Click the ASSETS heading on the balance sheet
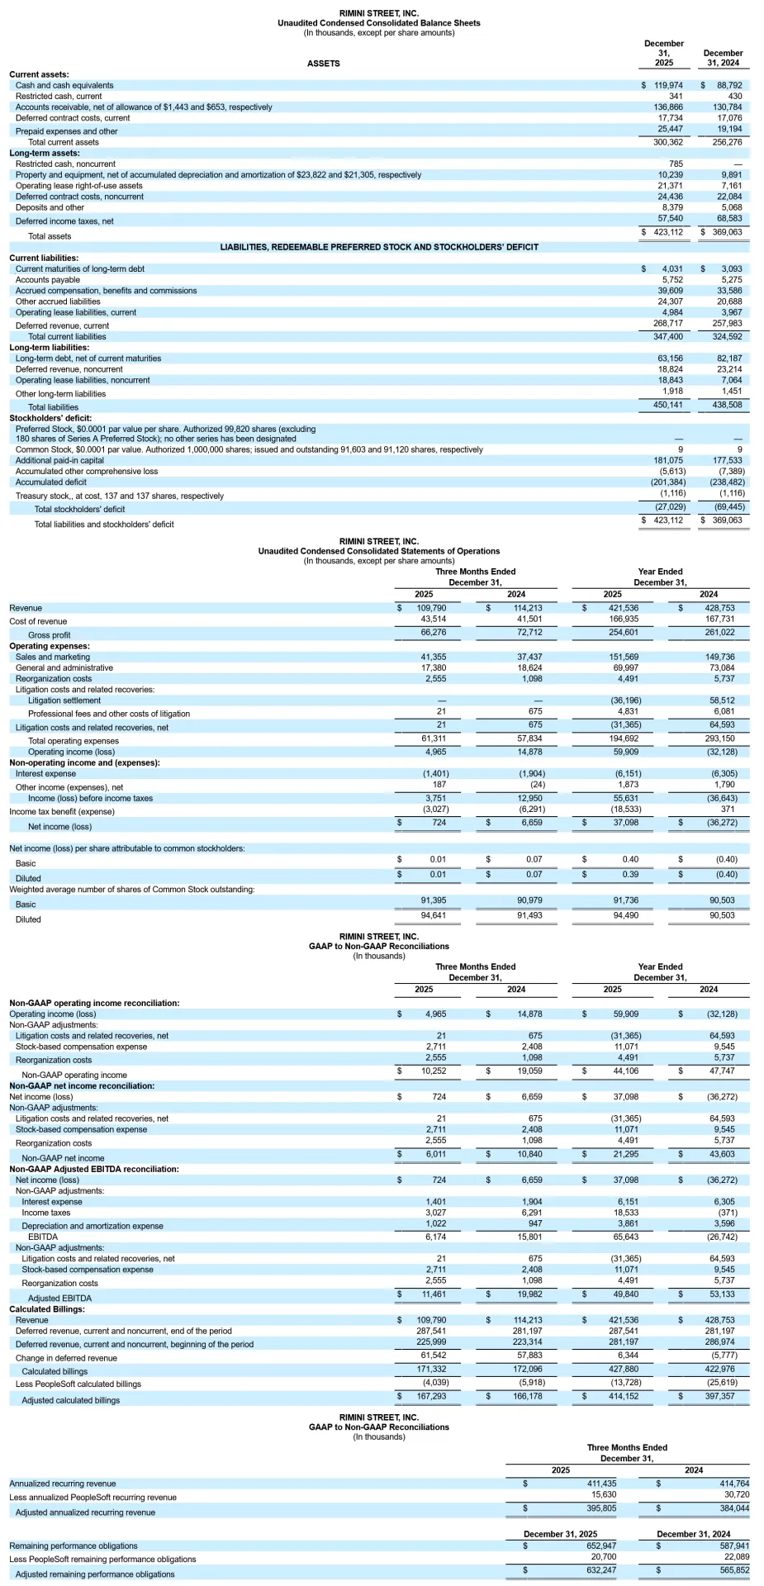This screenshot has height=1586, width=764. click(x=323, y=64)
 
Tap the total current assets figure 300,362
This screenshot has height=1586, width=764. click(x=667, y=142)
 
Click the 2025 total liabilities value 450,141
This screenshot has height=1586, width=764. click(x=667, y=405)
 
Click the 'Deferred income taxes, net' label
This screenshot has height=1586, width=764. click(x=64, y=221)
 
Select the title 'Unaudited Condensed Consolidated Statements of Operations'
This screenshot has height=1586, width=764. click(x=378, y=551)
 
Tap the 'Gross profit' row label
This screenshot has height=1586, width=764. click(x=50, y=635)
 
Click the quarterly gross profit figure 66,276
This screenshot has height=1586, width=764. click(x=433, y=633)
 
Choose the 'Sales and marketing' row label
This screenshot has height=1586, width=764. click(x=53, y=658)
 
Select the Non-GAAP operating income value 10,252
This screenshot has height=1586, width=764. click(x=433, y=1071)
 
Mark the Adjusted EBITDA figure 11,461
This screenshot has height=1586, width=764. click(x=433, y=1294)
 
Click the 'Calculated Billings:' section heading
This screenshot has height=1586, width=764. click(x=47, y=1309)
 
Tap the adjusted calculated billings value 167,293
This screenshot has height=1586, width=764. click(x=431, y=1396)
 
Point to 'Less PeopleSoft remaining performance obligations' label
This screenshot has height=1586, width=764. click(x=102, y=1560)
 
